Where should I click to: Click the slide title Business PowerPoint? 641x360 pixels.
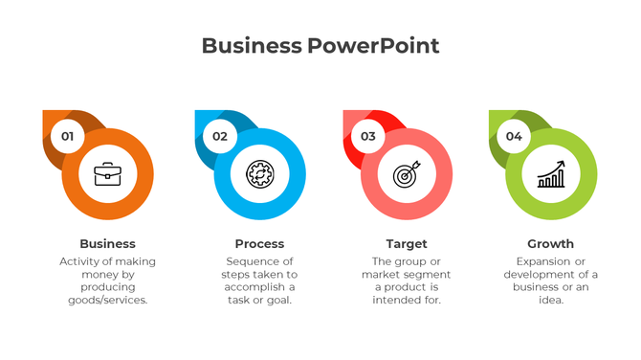click(x=320, y=46)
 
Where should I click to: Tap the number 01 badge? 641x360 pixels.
click(x=67, y=136)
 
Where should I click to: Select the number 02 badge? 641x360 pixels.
click(x=220, y=136)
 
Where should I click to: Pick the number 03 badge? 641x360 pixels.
click(x=368, y=136)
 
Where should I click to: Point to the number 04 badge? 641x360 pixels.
click(x=514, y=136)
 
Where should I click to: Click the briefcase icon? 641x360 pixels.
click(x=107, y=174)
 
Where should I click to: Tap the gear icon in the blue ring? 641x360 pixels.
click(x=259, y=174)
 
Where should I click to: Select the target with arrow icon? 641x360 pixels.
click(x=407, y=175)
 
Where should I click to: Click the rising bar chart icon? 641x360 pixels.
click(x=551, y=174)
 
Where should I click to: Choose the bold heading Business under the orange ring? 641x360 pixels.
click(x=107, y=244)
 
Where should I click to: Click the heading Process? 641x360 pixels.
click(x=259, y=244)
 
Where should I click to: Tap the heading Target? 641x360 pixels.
click(x=407, y=244)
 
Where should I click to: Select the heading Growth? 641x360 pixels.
click(x=551, y=244)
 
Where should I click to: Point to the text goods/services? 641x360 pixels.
click(x=107, y=300)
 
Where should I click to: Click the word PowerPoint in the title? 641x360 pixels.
click(x=374, y=46)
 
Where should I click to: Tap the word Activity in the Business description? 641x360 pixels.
click(x=80, y=260)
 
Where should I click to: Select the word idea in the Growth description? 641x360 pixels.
click(x=550, y=300)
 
